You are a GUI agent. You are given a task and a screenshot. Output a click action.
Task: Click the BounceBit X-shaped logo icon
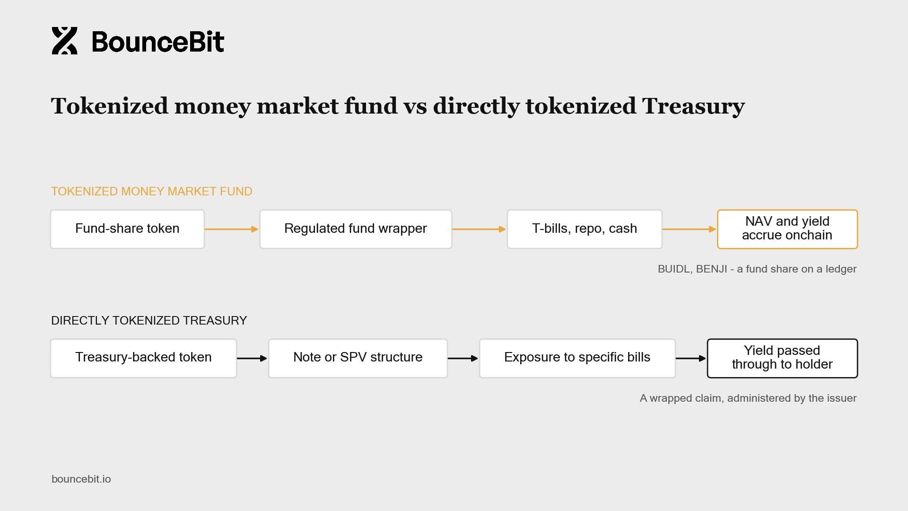pyautogui.click(x=65, y=41)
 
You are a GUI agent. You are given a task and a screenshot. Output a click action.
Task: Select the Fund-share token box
pyautogui.click(x=127, y=229)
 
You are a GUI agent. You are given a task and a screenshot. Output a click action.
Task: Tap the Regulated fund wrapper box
pyautogui.click(x=356, y=229)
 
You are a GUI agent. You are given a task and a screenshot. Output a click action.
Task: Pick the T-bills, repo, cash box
pyautogui.click(x=585, y=229)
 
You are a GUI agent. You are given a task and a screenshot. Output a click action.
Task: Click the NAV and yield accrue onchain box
pyautogui.click(x=787, y=229)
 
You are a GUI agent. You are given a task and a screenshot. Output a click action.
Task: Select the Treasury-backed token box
pyautogui.click(x=143, y=358)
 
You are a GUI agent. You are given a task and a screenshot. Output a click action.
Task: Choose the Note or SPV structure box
pyautogui.click(x=358, y=358)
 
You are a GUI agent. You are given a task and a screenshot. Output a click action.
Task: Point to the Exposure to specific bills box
pyautogui.click(x=577, y=358)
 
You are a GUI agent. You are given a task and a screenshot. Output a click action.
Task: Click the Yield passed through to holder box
pyautogui.click(x=782, y=358)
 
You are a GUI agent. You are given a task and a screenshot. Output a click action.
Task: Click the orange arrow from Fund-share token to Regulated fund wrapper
pyautogui.click(x=231, y=229)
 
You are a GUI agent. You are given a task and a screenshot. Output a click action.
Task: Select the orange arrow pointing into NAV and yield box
pyautogui.click(x=689, y=229)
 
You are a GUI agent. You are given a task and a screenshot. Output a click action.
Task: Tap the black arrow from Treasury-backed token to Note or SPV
pyautogui.click(x=252, y=358)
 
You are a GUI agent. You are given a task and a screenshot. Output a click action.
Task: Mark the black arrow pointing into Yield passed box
pyautogui.click(x=691, y=358)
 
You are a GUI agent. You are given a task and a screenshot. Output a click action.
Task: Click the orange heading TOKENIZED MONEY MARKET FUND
pyautogui.click(x=151, y=191)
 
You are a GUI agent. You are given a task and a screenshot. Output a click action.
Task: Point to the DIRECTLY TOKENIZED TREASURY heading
pyautogui.click(x=149, y=320)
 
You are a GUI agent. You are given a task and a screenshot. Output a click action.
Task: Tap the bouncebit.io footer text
pyautogui.click(x=81, y=479)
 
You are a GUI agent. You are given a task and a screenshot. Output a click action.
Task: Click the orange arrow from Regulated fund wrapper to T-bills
pyautogui.click(x=479, y=229)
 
